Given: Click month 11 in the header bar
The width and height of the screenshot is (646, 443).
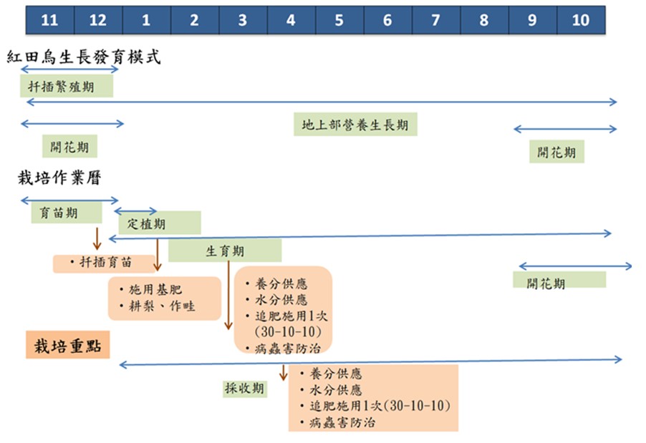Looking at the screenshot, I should pos(49,20).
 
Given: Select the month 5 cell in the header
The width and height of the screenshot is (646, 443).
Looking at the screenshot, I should pos(339,20).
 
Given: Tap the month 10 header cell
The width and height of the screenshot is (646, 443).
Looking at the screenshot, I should pos(581,20).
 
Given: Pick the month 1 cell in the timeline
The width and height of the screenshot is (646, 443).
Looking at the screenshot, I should pos(146,20).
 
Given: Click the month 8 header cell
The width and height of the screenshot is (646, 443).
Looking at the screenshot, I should pos(484,20).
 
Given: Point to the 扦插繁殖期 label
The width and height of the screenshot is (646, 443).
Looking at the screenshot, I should pos(67,87).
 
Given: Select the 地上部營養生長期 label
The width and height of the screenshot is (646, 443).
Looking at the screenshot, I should pos(355,125).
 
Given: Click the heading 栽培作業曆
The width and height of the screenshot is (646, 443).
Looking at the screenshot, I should pos(59,178).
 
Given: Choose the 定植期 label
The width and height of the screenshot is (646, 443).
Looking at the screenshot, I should pos(147,223).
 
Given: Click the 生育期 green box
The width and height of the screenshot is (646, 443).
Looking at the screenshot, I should pos(225,251).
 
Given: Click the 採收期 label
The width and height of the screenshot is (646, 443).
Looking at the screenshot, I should pos(246,388).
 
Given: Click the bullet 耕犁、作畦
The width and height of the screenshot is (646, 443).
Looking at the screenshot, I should pos(161,307).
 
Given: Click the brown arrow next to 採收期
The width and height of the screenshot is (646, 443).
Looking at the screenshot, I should pos(284,373).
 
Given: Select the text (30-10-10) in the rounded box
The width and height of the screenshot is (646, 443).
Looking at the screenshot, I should pos(282,332).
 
